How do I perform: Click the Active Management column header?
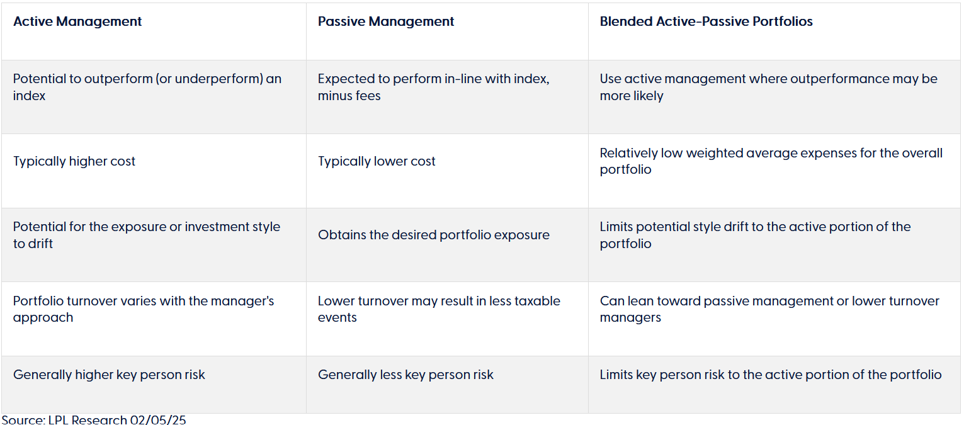point(77,21)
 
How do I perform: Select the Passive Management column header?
point(386,21)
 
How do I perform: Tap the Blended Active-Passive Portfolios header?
point(706,21)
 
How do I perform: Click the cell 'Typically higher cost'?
point(74,161)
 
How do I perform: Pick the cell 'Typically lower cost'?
point(377,161)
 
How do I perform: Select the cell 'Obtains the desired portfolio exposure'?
point(434,235)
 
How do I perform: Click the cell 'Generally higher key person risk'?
point(109,375)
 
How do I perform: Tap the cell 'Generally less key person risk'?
point(406,375)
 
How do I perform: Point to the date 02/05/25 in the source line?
point(158,419)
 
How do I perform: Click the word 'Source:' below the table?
point(23,419)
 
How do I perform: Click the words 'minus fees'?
point(349,96)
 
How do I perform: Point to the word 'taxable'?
point(537,301)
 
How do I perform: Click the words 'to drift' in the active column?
point(33,244)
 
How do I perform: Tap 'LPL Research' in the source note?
point(88,419)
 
